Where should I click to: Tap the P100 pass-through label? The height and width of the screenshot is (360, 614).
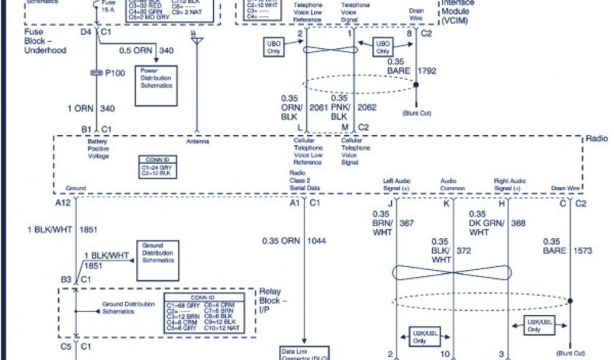(x=114, y=73)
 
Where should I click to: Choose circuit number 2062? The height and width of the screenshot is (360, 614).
(x=366, y=108)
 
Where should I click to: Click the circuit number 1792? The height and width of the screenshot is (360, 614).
(x=427, y=70)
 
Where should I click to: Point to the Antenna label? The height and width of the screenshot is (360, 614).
(x=197, y=142)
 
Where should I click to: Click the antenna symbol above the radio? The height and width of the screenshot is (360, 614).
(x=197, y=39)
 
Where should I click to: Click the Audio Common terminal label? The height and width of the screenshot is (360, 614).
(x=450, y=184)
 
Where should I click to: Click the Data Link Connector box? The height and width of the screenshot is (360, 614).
(x=304, y=353)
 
